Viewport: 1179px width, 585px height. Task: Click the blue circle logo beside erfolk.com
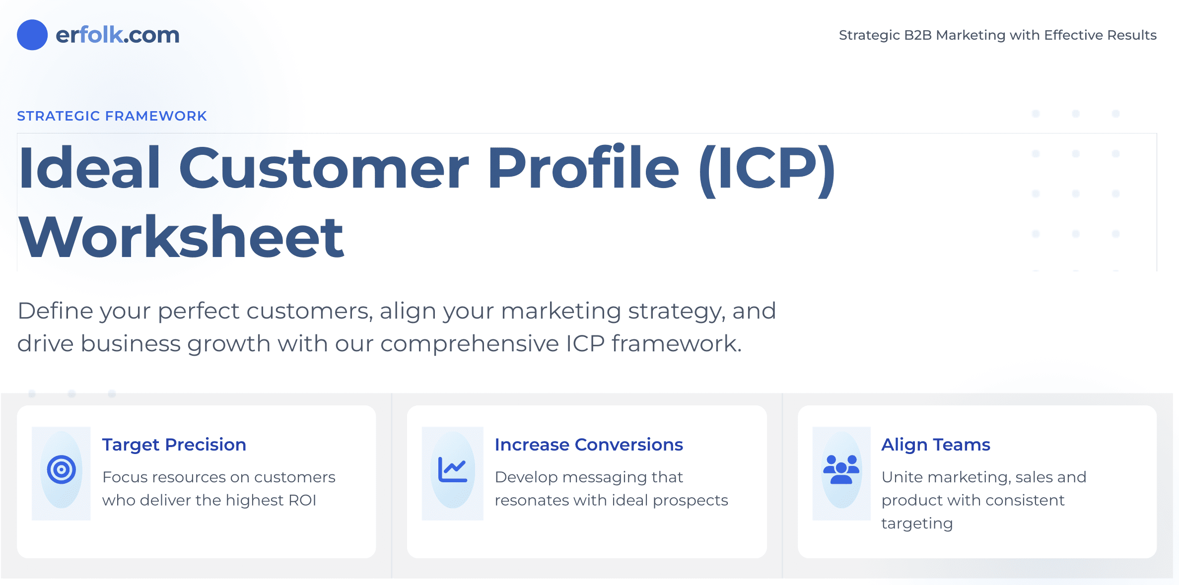[32, 35]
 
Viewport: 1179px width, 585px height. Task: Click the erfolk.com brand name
[117, 35]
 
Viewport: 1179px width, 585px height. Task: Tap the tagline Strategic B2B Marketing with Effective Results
[997, 35]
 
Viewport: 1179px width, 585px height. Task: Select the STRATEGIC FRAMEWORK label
[112, 116]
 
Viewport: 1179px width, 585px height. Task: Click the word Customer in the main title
[323, 169]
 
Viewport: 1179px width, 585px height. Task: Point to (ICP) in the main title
[767, 169]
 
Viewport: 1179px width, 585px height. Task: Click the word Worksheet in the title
[181, 237]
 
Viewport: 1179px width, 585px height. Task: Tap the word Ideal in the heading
[90, 169]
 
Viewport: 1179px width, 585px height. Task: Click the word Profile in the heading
[583, 169]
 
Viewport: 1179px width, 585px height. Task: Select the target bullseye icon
[62, 469]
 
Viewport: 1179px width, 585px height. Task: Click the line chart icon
[452, 469]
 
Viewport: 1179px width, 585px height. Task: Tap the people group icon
[841, 469]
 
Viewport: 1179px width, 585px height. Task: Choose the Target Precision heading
[174, 445]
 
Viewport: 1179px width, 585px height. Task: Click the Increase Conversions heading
[589, 445]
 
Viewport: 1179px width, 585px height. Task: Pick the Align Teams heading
[936, 445]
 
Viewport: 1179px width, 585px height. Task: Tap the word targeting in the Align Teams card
[917, 523]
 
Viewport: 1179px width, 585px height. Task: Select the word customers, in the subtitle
[309, 311]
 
